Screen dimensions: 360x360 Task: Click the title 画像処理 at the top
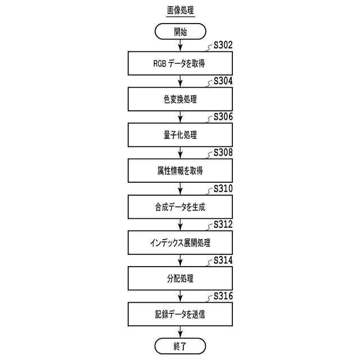tap(180, 11)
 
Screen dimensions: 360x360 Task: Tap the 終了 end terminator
tap(180, 345)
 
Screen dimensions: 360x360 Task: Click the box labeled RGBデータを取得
tap(180, 64)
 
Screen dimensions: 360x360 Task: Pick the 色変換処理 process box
tap(180, 100)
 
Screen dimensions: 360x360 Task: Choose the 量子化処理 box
tap(180, 136)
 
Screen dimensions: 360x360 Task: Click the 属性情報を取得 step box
tap(180, 171)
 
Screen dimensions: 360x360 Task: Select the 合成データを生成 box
tap(180, 207)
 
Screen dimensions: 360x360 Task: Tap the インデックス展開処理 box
tap(180, 243)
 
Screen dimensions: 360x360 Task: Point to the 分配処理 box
tap(180, 278)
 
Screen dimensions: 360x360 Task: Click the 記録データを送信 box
tap(180, 314)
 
